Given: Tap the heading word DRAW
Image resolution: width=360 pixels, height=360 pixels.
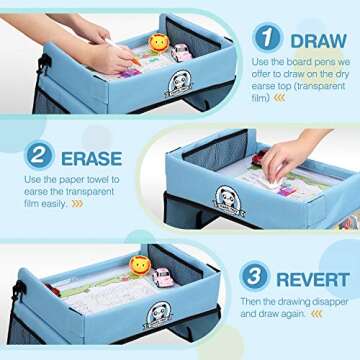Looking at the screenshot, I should click(x=318, y=40).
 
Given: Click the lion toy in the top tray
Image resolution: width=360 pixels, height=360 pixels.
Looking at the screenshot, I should click(x=158, y=43).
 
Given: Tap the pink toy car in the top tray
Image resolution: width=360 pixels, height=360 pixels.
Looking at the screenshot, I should click(x=181, y=52).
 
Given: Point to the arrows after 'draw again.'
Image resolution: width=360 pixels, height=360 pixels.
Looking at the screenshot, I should click(x=317, y=313).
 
